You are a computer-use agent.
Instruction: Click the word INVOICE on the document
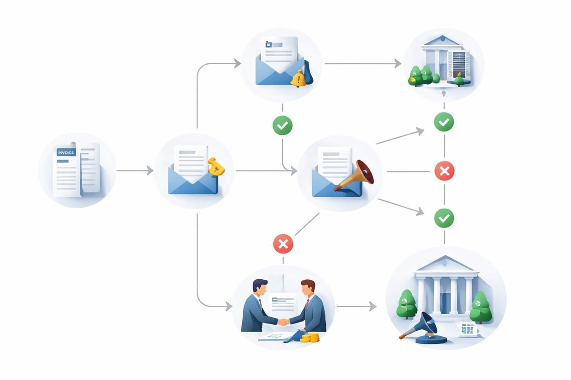[66, 152]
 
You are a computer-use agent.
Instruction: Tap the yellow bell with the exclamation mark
[298, 78]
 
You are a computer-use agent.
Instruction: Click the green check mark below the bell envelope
[282, 125]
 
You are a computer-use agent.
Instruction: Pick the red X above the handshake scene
[283, 244]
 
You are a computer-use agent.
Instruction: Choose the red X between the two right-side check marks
[444, 171]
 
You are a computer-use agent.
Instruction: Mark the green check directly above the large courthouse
[444, 218]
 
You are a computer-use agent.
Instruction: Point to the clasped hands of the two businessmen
[283, 322]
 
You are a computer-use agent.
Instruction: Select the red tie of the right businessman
[307, 303]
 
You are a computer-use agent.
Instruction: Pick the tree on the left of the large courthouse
[407, 304]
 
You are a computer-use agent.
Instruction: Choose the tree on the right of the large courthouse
[481, 306]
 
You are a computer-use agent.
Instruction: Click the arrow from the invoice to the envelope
[135, 171]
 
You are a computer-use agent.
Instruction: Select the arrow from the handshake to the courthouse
[357, 307]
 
